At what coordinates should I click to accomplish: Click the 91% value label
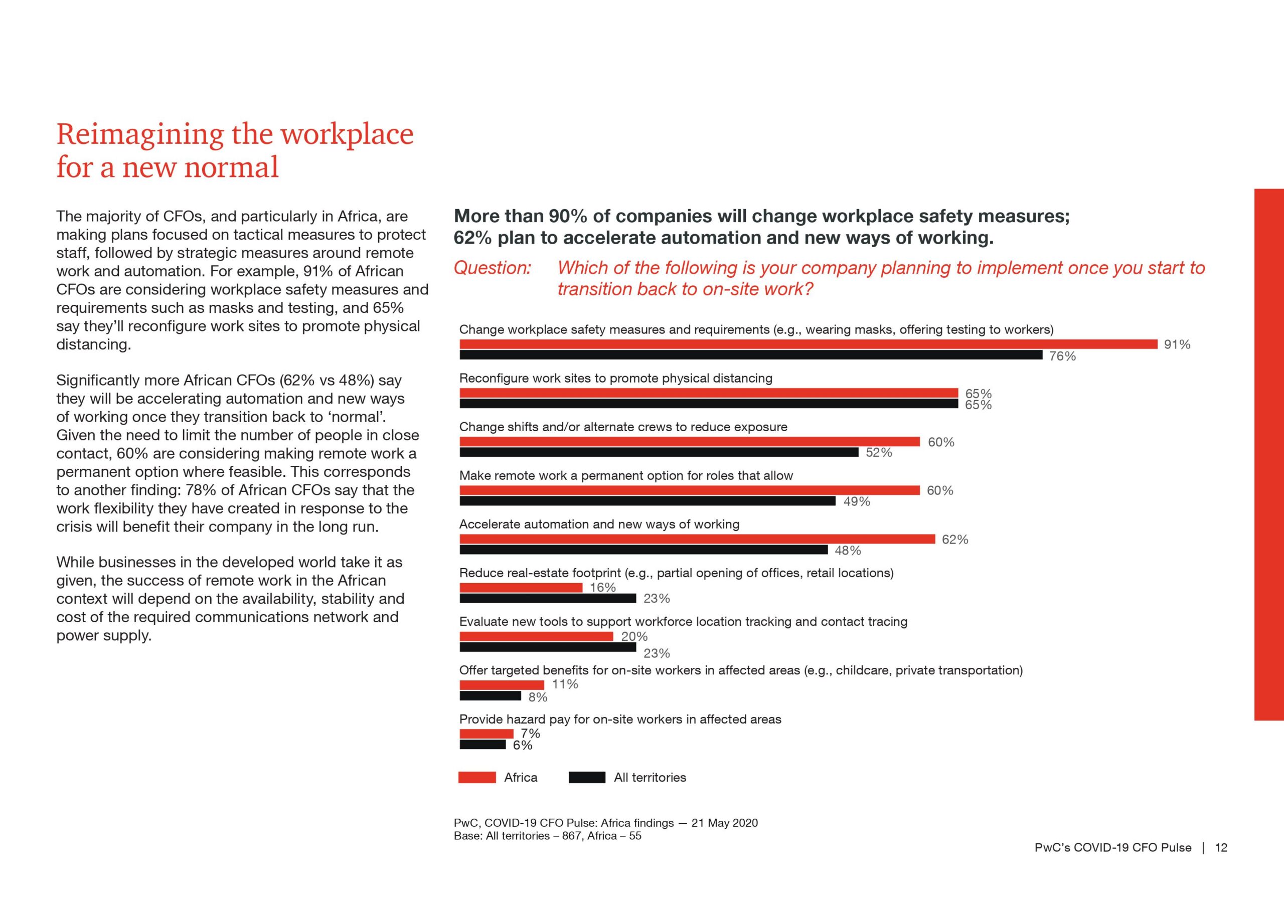point(1177,344)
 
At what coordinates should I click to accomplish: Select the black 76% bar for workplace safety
point(751,355)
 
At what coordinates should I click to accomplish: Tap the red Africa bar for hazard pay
point(487,734)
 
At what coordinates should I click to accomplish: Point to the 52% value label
point(879,452)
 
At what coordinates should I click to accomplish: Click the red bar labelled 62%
point(697,539)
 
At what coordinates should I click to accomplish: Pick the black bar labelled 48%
point(644,550)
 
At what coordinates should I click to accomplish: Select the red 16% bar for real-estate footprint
point(521,588)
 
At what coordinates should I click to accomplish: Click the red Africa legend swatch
point(477,777)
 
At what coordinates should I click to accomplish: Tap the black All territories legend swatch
point(587,777)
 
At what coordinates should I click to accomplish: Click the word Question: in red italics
point(492,268)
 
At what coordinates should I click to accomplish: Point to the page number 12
point(1221,848)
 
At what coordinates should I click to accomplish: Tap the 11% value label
point(565,684)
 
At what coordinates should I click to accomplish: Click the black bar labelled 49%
point(648,501)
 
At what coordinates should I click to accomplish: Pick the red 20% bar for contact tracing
point(536,636)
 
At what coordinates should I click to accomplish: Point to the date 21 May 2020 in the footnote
point(725,823)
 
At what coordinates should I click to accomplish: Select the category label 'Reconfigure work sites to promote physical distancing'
point(616,379)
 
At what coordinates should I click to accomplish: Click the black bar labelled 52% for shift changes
point(659,452)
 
